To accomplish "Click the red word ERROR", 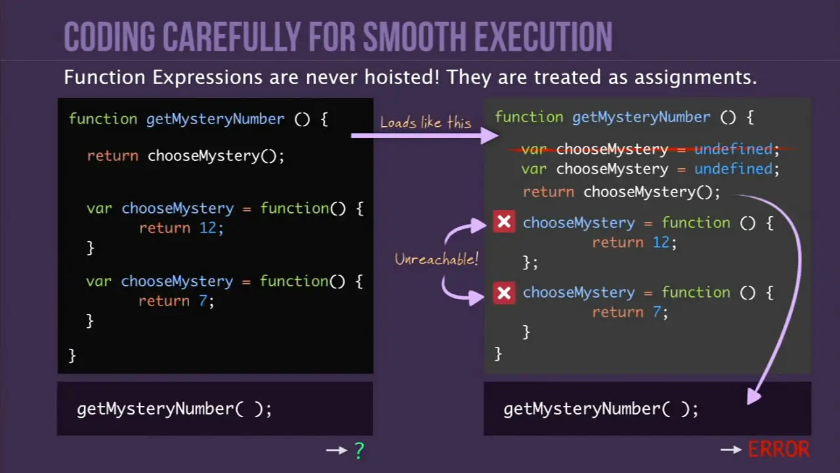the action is pyautogui.click(x=779, y=449).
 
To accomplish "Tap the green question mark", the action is pyautogui.click(x=359, y=451).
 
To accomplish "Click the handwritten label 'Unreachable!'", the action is pyautogui.click(x=436, y=259).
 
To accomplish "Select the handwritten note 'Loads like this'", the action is pyautogui.click(x=426, y=122).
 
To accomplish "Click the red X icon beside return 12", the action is pyautogui.click(x=504, y=222).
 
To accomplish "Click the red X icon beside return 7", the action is pyautogui.click(x=504, y=293).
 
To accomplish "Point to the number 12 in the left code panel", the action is pyautogui.click(x=208, y=228).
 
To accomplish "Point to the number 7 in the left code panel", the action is pyautogui.click(x=203, y=301).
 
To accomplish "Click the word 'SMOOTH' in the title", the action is pyautogui.click(x=414, y=36).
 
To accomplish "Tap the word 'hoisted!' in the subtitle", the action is pyautogui.click(x=402, y=78).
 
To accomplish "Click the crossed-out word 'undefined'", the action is pyautogui.click(x=734, y=149).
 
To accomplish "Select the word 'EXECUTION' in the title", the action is pyautogui.click(x=543, y=36).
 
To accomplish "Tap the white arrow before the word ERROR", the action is pyautogui.click(x=731, y=449).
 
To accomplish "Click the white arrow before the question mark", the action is pyautogui.click(x=337, y=450).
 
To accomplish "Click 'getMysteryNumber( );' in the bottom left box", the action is pyautogui.click(x=175, y=409).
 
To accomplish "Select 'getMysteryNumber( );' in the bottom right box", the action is pyautogui.click(x=600, y=409).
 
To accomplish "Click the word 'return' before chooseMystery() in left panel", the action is pyautogui.click(x=112, y=156).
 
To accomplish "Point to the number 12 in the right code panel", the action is pyautogui.click(x=661, y=242).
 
